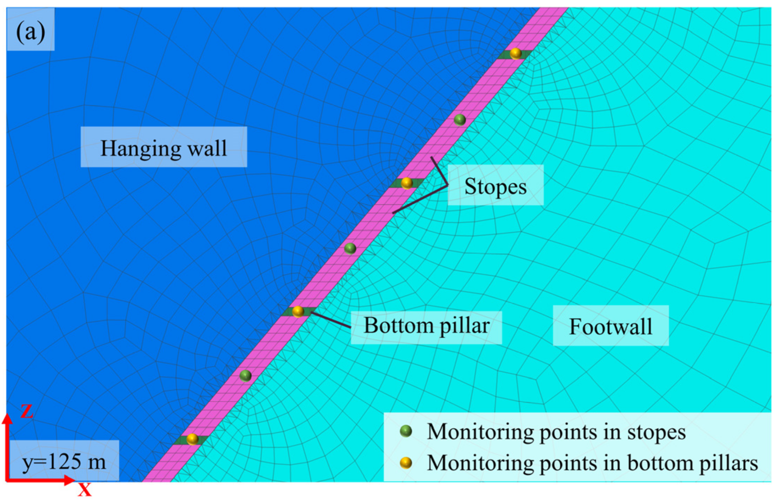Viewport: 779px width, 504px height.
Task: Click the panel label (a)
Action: pos(31,32)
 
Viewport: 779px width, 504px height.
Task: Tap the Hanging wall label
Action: pos(164,148)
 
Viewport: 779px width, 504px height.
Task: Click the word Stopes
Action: pos(495,186)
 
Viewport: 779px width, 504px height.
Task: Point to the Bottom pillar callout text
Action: pos(426,326)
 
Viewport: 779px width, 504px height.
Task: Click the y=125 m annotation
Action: pos(64,461)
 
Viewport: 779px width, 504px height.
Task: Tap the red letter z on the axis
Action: pos(27,411)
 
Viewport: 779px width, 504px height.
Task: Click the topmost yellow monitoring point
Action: pos(515,54)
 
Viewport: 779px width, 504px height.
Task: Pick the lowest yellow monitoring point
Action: pos(192,439)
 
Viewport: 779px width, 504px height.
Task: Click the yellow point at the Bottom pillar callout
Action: pos(298,311)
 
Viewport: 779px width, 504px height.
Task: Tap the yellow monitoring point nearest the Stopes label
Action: pos(407,183)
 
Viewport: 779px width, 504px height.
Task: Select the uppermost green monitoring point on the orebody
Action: pos(460,120)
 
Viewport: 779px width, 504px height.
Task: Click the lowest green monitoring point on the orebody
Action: pos(245,376)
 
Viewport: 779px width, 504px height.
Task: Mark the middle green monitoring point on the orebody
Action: pos(350,248)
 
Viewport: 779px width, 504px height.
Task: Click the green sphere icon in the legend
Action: pos(406,431)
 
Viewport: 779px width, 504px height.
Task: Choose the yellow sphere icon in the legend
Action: pos(406,463)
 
